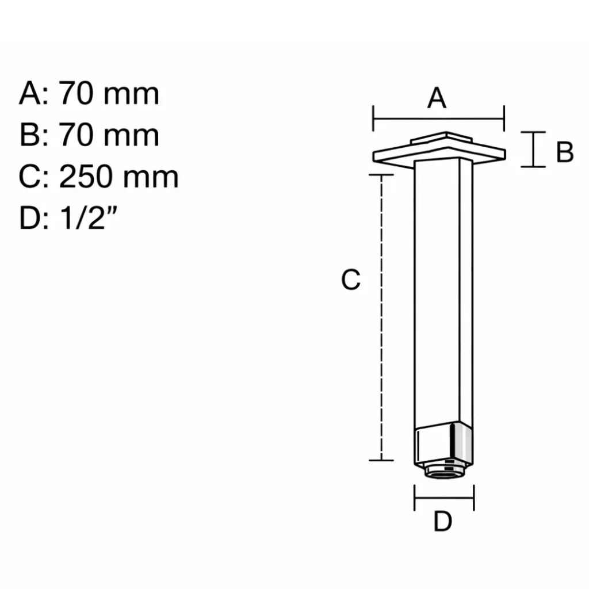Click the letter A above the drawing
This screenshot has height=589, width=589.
tap(437, 98)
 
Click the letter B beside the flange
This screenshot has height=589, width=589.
tap(565, 152)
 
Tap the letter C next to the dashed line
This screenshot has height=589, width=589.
tap(350, 279)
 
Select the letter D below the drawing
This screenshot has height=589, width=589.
tap(442, 521)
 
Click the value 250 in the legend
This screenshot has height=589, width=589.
tap(86, 177)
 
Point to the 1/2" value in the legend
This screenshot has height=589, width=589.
tap(88, 217)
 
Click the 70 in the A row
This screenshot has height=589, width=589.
tap(76, 93)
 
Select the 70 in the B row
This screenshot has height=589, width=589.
tap(76, 135)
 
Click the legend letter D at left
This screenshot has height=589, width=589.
tap(30, 218)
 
